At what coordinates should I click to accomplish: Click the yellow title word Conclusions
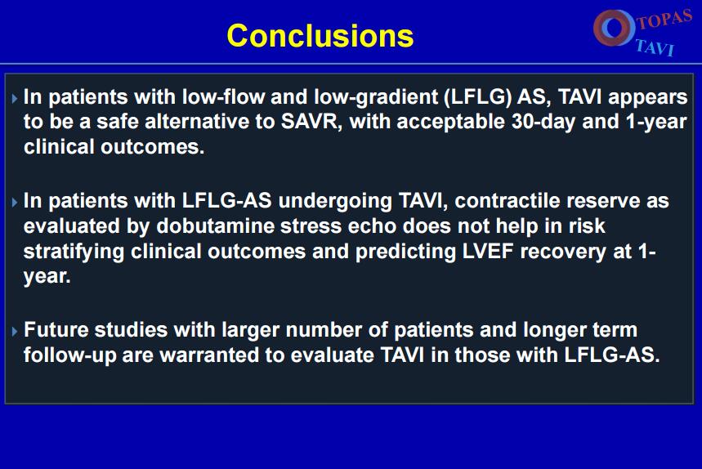click(x=320, y=36)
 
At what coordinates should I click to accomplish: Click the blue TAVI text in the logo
click(x=654, y=47)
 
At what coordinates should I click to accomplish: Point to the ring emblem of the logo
click(x=615, y=27)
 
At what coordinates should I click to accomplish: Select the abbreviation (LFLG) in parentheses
click(x=478, y=97)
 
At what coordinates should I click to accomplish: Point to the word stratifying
click(x=74, y=252)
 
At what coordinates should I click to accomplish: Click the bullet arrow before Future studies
click(x=15, y=331)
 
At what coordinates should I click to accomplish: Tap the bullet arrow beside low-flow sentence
click(x=15, y=98)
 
